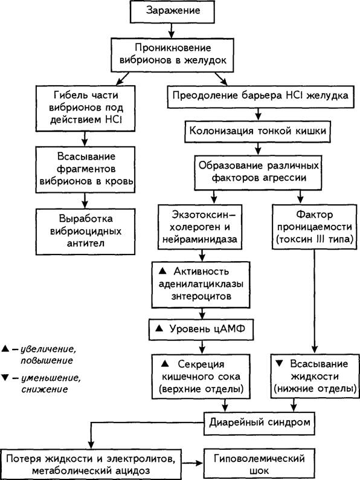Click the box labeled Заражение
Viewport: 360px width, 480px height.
click(172, 11)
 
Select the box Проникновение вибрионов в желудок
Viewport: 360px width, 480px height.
click(173, 55)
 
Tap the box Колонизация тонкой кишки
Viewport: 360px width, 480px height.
click(257, 132)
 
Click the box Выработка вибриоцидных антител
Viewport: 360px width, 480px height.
click(85, 232)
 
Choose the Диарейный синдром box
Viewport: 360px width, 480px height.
click(259, 424)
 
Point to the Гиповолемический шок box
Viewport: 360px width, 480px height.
click(259, 464)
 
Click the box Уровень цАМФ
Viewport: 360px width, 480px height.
click(201, 329)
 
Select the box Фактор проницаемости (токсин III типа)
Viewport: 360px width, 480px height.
click(315, 227)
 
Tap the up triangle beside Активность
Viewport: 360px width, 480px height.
click(162, 271)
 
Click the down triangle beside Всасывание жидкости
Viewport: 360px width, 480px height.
click(279, 363)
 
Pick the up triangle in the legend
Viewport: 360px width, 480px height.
click(5, 349)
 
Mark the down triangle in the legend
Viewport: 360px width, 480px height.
click(5, 377)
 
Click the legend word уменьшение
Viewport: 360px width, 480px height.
click(51, 378)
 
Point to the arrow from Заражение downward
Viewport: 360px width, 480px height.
click(172, 30)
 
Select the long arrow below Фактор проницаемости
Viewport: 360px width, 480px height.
click(315, 302)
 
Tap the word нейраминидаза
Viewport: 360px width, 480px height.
click(199, 239)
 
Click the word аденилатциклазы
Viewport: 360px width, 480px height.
click(201, 284)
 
